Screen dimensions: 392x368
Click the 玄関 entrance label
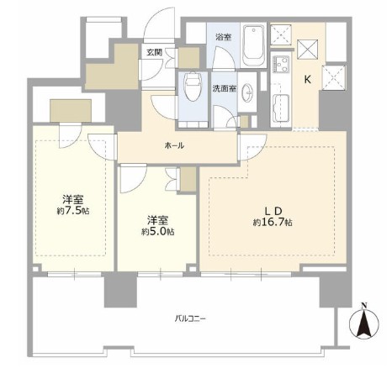point(155,52)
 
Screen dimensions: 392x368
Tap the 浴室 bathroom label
point(223,37)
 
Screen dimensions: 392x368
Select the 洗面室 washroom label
point(224,89)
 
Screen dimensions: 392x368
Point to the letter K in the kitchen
point(308,80)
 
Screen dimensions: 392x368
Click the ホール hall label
point(174,145)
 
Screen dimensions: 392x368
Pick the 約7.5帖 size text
point(73,211)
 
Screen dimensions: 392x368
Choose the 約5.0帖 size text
point(158,232)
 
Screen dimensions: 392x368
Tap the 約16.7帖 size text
point(273,223)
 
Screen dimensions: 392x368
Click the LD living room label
point(273,211)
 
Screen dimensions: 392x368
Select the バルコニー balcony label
point(190,318)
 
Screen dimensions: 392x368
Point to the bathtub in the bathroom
point(254,45)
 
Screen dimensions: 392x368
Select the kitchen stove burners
point(281,64)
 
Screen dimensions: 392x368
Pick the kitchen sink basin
point(280,108)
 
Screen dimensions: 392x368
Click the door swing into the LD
point(252,147)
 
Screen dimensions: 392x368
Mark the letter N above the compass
point(364,306)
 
